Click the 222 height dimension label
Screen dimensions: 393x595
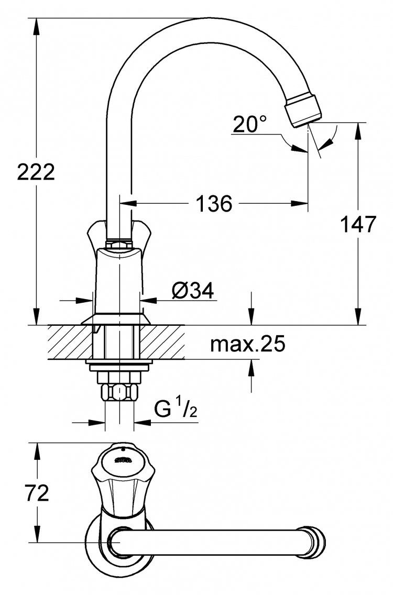coord(37,172)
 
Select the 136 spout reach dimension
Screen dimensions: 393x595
coord(214,204)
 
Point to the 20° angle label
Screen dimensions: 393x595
coord(250,124)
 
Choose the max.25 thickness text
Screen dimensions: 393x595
coord(247,344)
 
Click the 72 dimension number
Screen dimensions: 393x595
coord(37,493)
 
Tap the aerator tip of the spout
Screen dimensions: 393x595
coord(303,109)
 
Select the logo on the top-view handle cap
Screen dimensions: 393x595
coord(123,461)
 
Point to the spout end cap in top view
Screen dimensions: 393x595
coord(312,542)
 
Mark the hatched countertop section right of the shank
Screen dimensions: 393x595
coord(162,342)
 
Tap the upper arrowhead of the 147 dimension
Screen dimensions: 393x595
coord(358,131)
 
